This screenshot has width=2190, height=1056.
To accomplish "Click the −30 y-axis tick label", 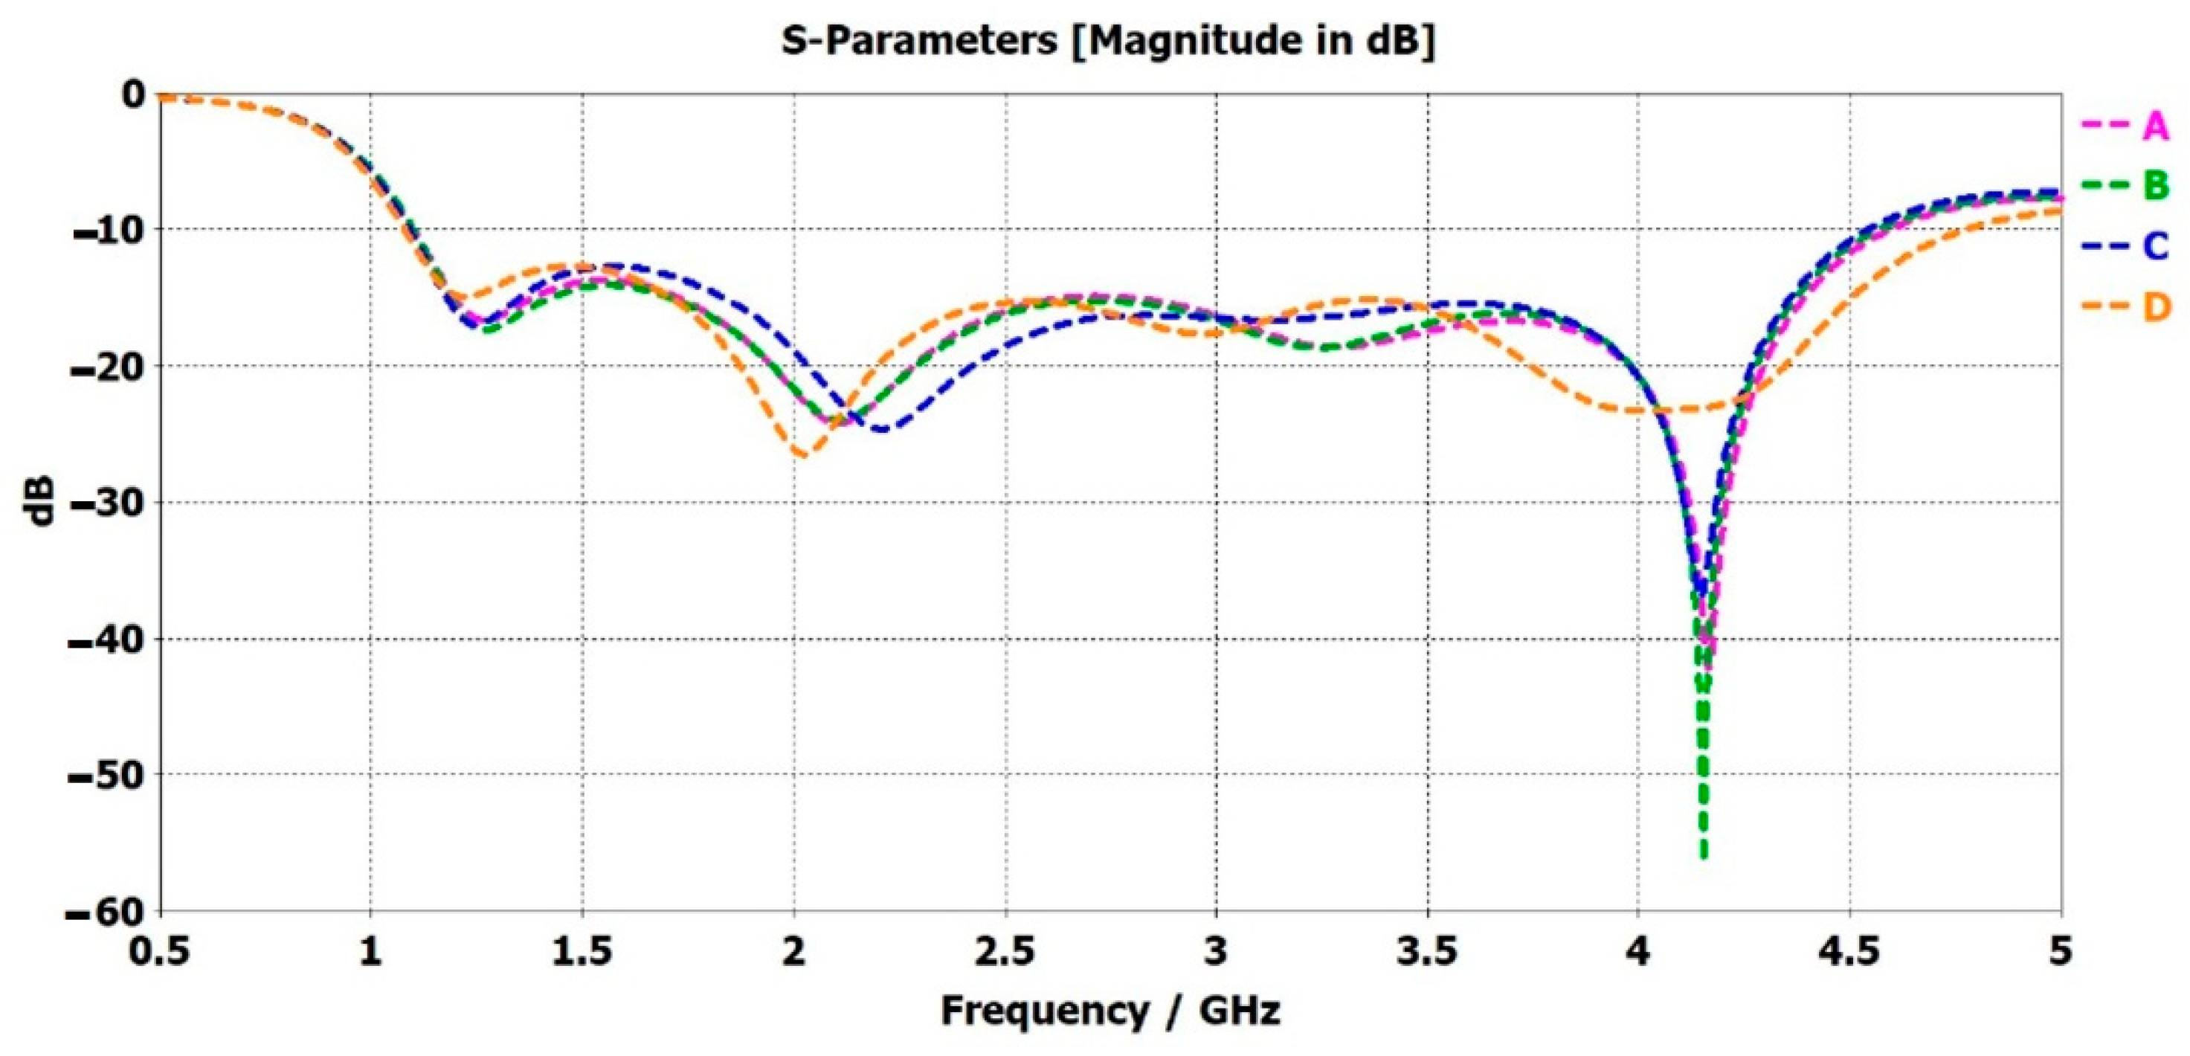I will (x=106, y=503).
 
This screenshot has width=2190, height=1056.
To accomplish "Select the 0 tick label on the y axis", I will (x=133, y=94).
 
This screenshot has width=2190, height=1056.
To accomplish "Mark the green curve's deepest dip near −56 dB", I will (x=1703, y=854).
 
